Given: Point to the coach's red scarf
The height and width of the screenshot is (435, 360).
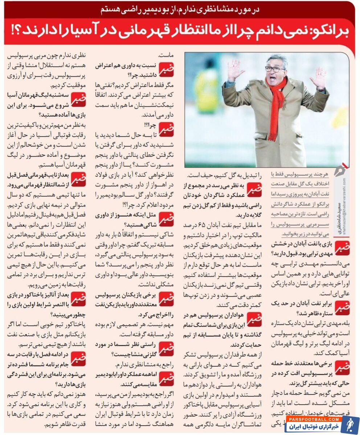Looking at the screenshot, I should (277, 105).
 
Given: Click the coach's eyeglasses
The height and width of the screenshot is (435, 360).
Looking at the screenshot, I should (275, 69).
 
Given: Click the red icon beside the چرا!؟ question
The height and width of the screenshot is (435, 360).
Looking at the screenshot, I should (166, 129).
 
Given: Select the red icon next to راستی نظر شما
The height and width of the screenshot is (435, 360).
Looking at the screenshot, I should (166, 348).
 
